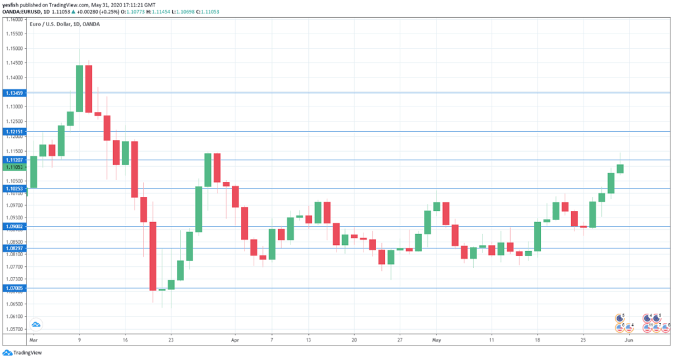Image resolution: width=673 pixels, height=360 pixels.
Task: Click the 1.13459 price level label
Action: tap(14, 93)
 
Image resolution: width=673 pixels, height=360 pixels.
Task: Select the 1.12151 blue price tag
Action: tap(14, 131)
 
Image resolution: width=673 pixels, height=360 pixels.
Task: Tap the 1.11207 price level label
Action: tap(14, 160)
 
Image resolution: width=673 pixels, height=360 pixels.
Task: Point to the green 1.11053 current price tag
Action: tap(14, 168)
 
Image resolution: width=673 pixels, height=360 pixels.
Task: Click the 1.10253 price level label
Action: tap(14, 189)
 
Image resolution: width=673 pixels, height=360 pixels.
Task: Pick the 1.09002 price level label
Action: tap(14, 226)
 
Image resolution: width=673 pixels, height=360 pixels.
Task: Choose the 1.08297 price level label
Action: tap(14, 248)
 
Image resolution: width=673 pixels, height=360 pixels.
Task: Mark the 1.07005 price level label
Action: tap(14, 288)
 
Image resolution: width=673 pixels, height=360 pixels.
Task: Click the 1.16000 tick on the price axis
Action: tap(14, 20)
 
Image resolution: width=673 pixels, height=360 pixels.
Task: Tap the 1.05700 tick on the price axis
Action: tap(14, 329)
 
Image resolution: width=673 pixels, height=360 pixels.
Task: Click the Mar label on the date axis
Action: tap(34, 341)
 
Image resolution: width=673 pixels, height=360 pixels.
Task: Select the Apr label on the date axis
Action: tap(235, 341)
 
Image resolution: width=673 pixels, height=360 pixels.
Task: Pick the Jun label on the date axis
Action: tap(628, 341)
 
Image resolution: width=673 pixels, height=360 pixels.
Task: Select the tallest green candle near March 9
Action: tap(80, 89)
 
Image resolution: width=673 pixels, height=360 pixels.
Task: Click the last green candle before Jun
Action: tap(620, 169)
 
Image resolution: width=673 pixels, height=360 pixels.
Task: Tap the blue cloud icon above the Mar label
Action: tap(36, 324)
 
